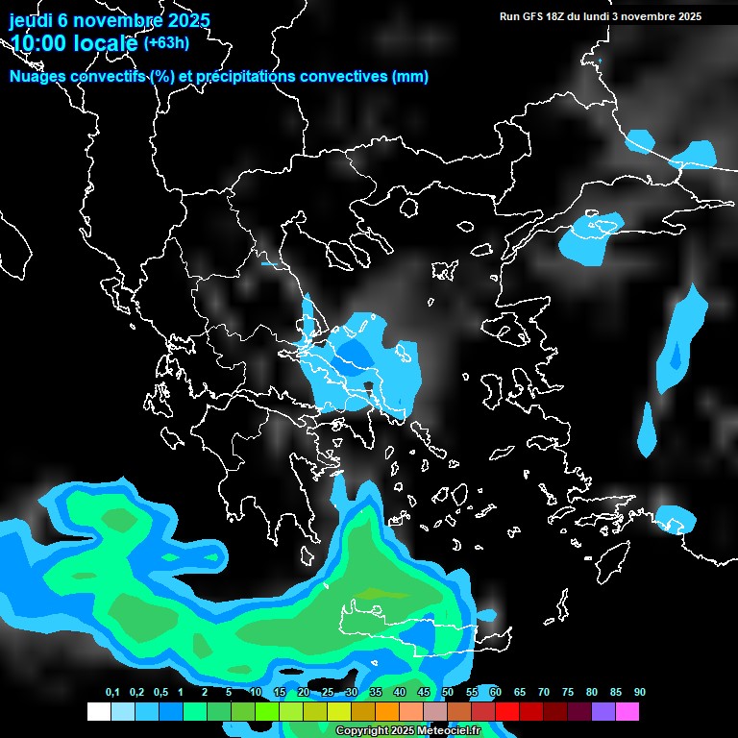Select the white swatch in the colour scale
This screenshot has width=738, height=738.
[98, 711]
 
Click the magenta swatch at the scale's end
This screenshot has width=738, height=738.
[627, 711]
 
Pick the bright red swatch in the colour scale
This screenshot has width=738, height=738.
[507, 711]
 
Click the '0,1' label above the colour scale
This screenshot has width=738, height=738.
[112, 693]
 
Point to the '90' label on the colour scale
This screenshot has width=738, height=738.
[640, 693]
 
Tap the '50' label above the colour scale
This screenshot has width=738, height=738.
[448, 693]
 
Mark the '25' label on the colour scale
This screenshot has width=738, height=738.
[328, 693]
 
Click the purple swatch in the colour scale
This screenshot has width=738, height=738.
[603, 711]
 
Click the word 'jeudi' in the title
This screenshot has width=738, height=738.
[31, 20]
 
